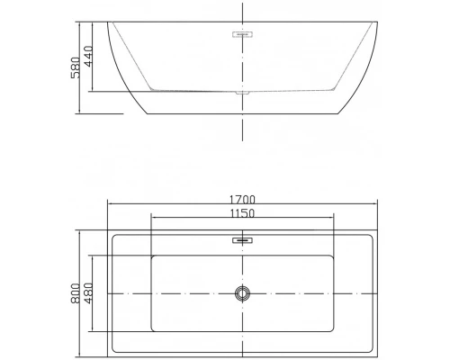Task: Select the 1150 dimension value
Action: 241,214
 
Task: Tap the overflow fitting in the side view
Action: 241,36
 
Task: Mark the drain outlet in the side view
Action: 241,92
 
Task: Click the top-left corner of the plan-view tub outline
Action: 109,232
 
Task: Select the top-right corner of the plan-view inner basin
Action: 332,255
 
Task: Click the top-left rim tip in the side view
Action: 109,22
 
